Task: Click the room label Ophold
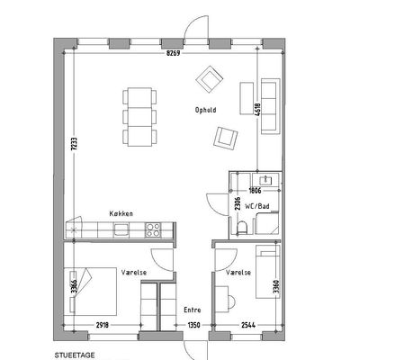pyautogui.click(x=205, y=110)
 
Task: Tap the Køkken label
pyautogui.click(x=121, y=213)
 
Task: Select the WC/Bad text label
pyautogui.click(x=257, y=206)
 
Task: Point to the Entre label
pyautogui.click(x=193, y=310)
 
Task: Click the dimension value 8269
pyautogui.click(x=174, y=53)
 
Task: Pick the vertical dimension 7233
pyautogui.click(x=74, y=145)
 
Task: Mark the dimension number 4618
pyautogui.click(x=257, y=110)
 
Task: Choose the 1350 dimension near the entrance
pyautogui.click(x=194, y=325)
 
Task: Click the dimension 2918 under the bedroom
pyautogui.click(x=103, y=325)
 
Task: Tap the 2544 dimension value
pyautogui.click(x=248, y=325)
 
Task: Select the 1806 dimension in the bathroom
pyautogui.click(x=255, y=190)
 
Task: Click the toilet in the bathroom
pyautogui.click(x=241, y=228)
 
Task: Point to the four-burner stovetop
pyautogui.click(x=153, y=230)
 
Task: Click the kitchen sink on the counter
pyautogui.click(x=121, y=230)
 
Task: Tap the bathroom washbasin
pyautogui.click(x=265, y=180)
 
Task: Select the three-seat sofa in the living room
pyautogui.click(x=271, y=106)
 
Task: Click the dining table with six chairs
pyautogui.click(x=139, y=117)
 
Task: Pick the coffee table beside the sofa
pyautogui.click(x=247, y=98)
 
